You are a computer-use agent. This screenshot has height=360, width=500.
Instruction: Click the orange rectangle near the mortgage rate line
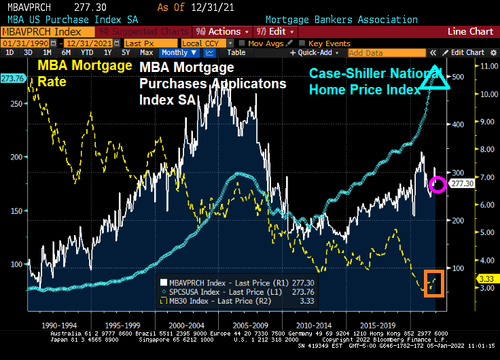[434, 283]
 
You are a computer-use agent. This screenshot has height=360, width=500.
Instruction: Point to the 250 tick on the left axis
[14, 103]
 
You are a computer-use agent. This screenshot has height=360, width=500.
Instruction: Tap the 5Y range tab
[126, 52]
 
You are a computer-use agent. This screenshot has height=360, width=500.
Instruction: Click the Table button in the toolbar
[236, 52]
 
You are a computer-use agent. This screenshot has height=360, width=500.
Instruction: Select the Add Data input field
[384, 53]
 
